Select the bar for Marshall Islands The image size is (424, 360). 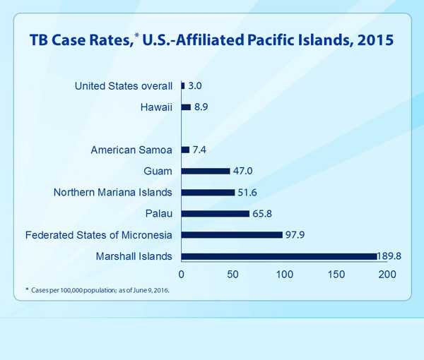(x=279, y=256)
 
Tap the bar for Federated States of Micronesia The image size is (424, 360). (x=232, y=234)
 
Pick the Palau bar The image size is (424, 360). (x=216, y=213)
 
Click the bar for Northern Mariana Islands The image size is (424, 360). (x=208, y=192)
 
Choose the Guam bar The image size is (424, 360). (x=206, y=171)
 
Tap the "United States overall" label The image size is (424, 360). (x=123, y=86)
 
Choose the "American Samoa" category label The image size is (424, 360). (x=132, y=150)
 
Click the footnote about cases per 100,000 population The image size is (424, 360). (x=99, y=290)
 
